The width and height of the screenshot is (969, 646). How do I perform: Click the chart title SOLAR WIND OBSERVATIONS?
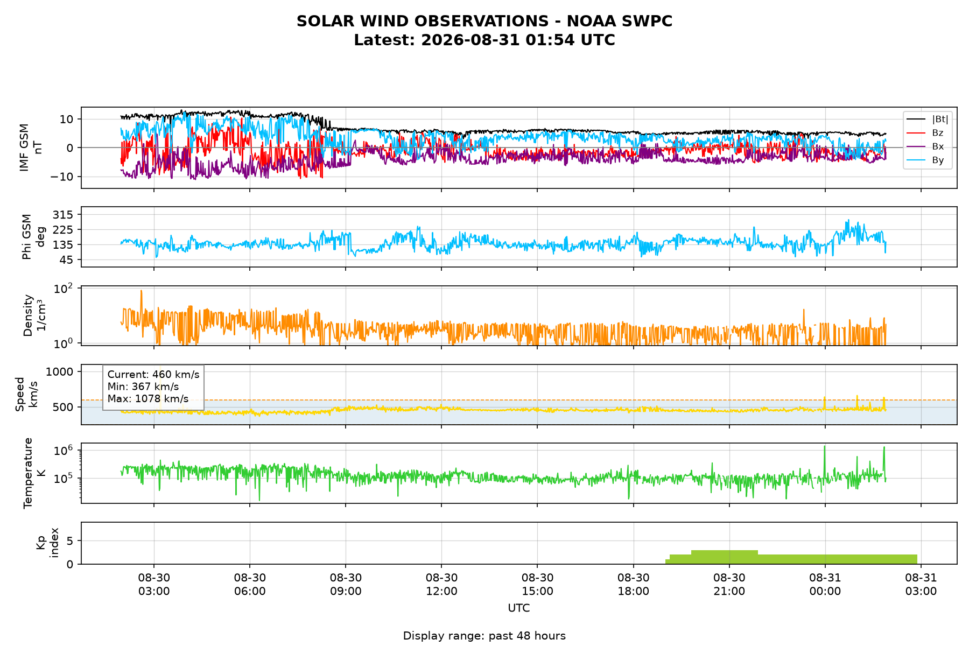point(484,22)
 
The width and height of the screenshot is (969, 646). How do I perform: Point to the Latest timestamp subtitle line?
point(484,40)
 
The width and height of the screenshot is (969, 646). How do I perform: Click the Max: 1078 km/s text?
point(148,399)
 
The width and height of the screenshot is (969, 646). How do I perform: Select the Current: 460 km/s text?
point(153,375)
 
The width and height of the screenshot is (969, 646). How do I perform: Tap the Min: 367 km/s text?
point(143,387)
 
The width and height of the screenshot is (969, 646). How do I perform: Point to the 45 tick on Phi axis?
point(68,260)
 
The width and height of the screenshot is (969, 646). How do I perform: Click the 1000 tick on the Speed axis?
point(62,371)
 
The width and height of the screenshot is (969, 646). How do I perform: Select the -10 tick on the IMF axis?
point(64,177)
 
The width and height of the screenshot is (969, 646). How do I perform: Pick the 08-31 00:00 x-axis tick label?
point(825,585)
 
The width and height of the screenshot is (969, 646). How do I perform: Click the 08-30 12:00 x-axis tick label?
point(441,585)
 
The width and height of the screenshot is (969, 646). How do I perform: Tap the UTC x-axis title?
point(519,608)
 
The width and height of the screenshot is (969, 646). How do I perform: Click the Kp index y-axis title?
point(47,543)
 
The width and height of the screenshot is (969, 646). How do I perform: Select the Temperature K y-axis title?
point(34,473)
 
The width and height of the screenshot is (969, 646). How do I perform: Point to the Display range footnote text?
point(484,636)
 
